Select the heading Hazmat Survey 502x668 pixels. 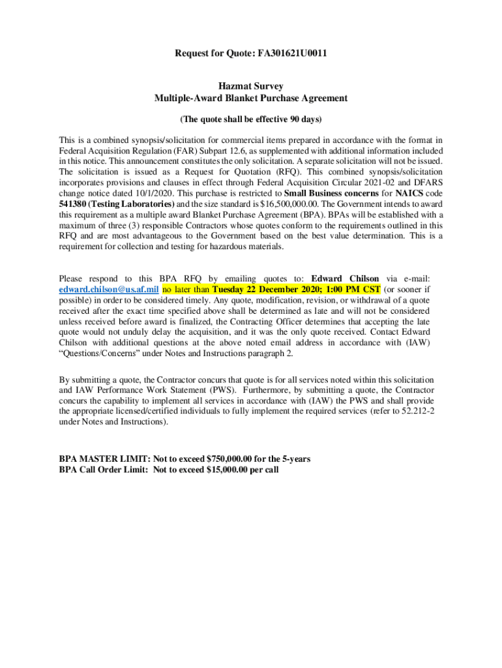click(250, 86)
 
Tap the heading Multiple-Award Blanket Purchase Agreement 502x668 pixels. click(250, 98)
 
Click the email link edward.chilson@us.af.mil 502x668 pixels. click(109, 290)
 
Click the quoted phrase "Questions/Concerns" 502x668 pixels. click(95, 353)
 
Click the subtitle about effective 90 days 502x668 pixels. click(250, 120)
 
